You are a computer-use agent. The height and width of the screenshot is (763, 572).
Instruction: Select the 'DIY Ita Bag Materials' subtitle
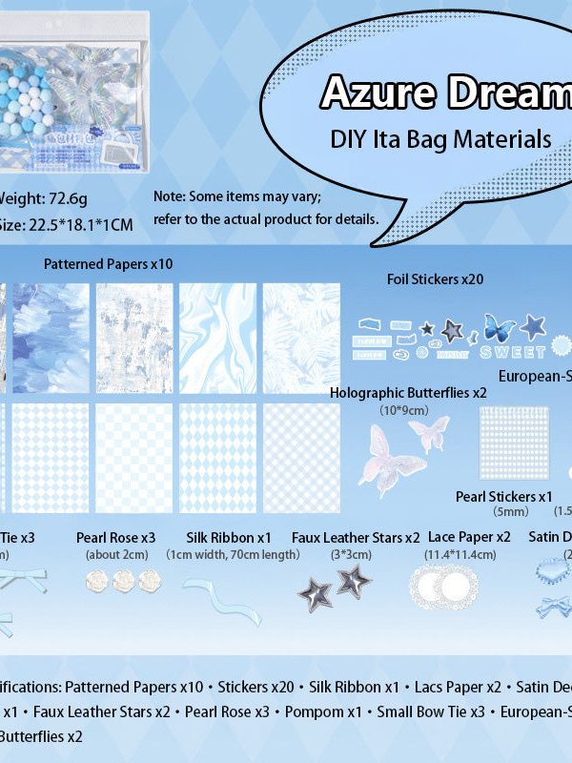(440, 138)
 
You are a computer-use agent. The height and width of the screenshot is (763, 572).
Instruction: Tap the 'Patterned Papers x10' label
(109, 263)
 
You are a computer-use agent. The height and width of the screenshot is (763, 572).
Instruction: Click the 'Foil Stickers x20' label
(435, 279)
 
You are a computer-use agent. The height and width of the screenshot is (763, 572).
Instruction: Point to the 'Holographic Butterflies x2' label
(408, 392)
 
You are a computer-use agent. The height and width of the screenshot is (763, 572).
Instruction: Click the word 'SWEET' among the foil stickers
(513, 351)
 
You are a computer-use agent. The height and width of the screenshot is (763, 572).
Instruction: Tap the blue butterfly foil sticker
(500, 328)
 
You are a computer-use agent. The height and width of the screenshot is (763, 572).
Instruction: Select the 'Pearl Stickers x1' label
(504, 496)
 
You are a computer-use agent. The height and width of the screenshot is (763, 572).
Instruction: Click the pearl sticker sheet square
(513, 443)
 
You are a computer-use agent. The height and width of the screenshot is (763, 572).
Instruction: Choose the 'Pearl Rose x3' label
(115, 538)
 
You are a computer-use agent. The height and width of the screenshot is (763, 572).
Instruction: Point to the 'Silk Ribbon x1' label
(230, 538)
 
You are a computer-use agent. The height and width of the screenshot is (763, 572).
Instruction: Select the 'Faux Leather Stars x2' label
(356, 538)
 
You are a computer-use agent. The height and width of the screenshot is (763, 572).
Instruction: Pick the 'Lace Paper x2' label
(469, 538)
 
